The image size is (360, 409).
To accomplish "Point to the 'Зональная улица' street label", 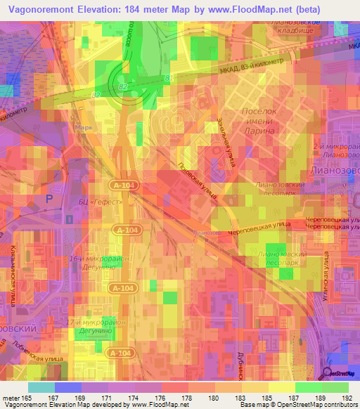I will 227,137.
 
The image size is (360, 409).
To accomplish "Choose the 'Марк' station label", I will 84,128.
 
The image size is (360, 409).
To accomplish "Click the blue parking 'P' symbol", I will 49,200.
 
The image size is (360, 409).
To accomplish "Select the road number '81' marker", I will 167,77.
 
